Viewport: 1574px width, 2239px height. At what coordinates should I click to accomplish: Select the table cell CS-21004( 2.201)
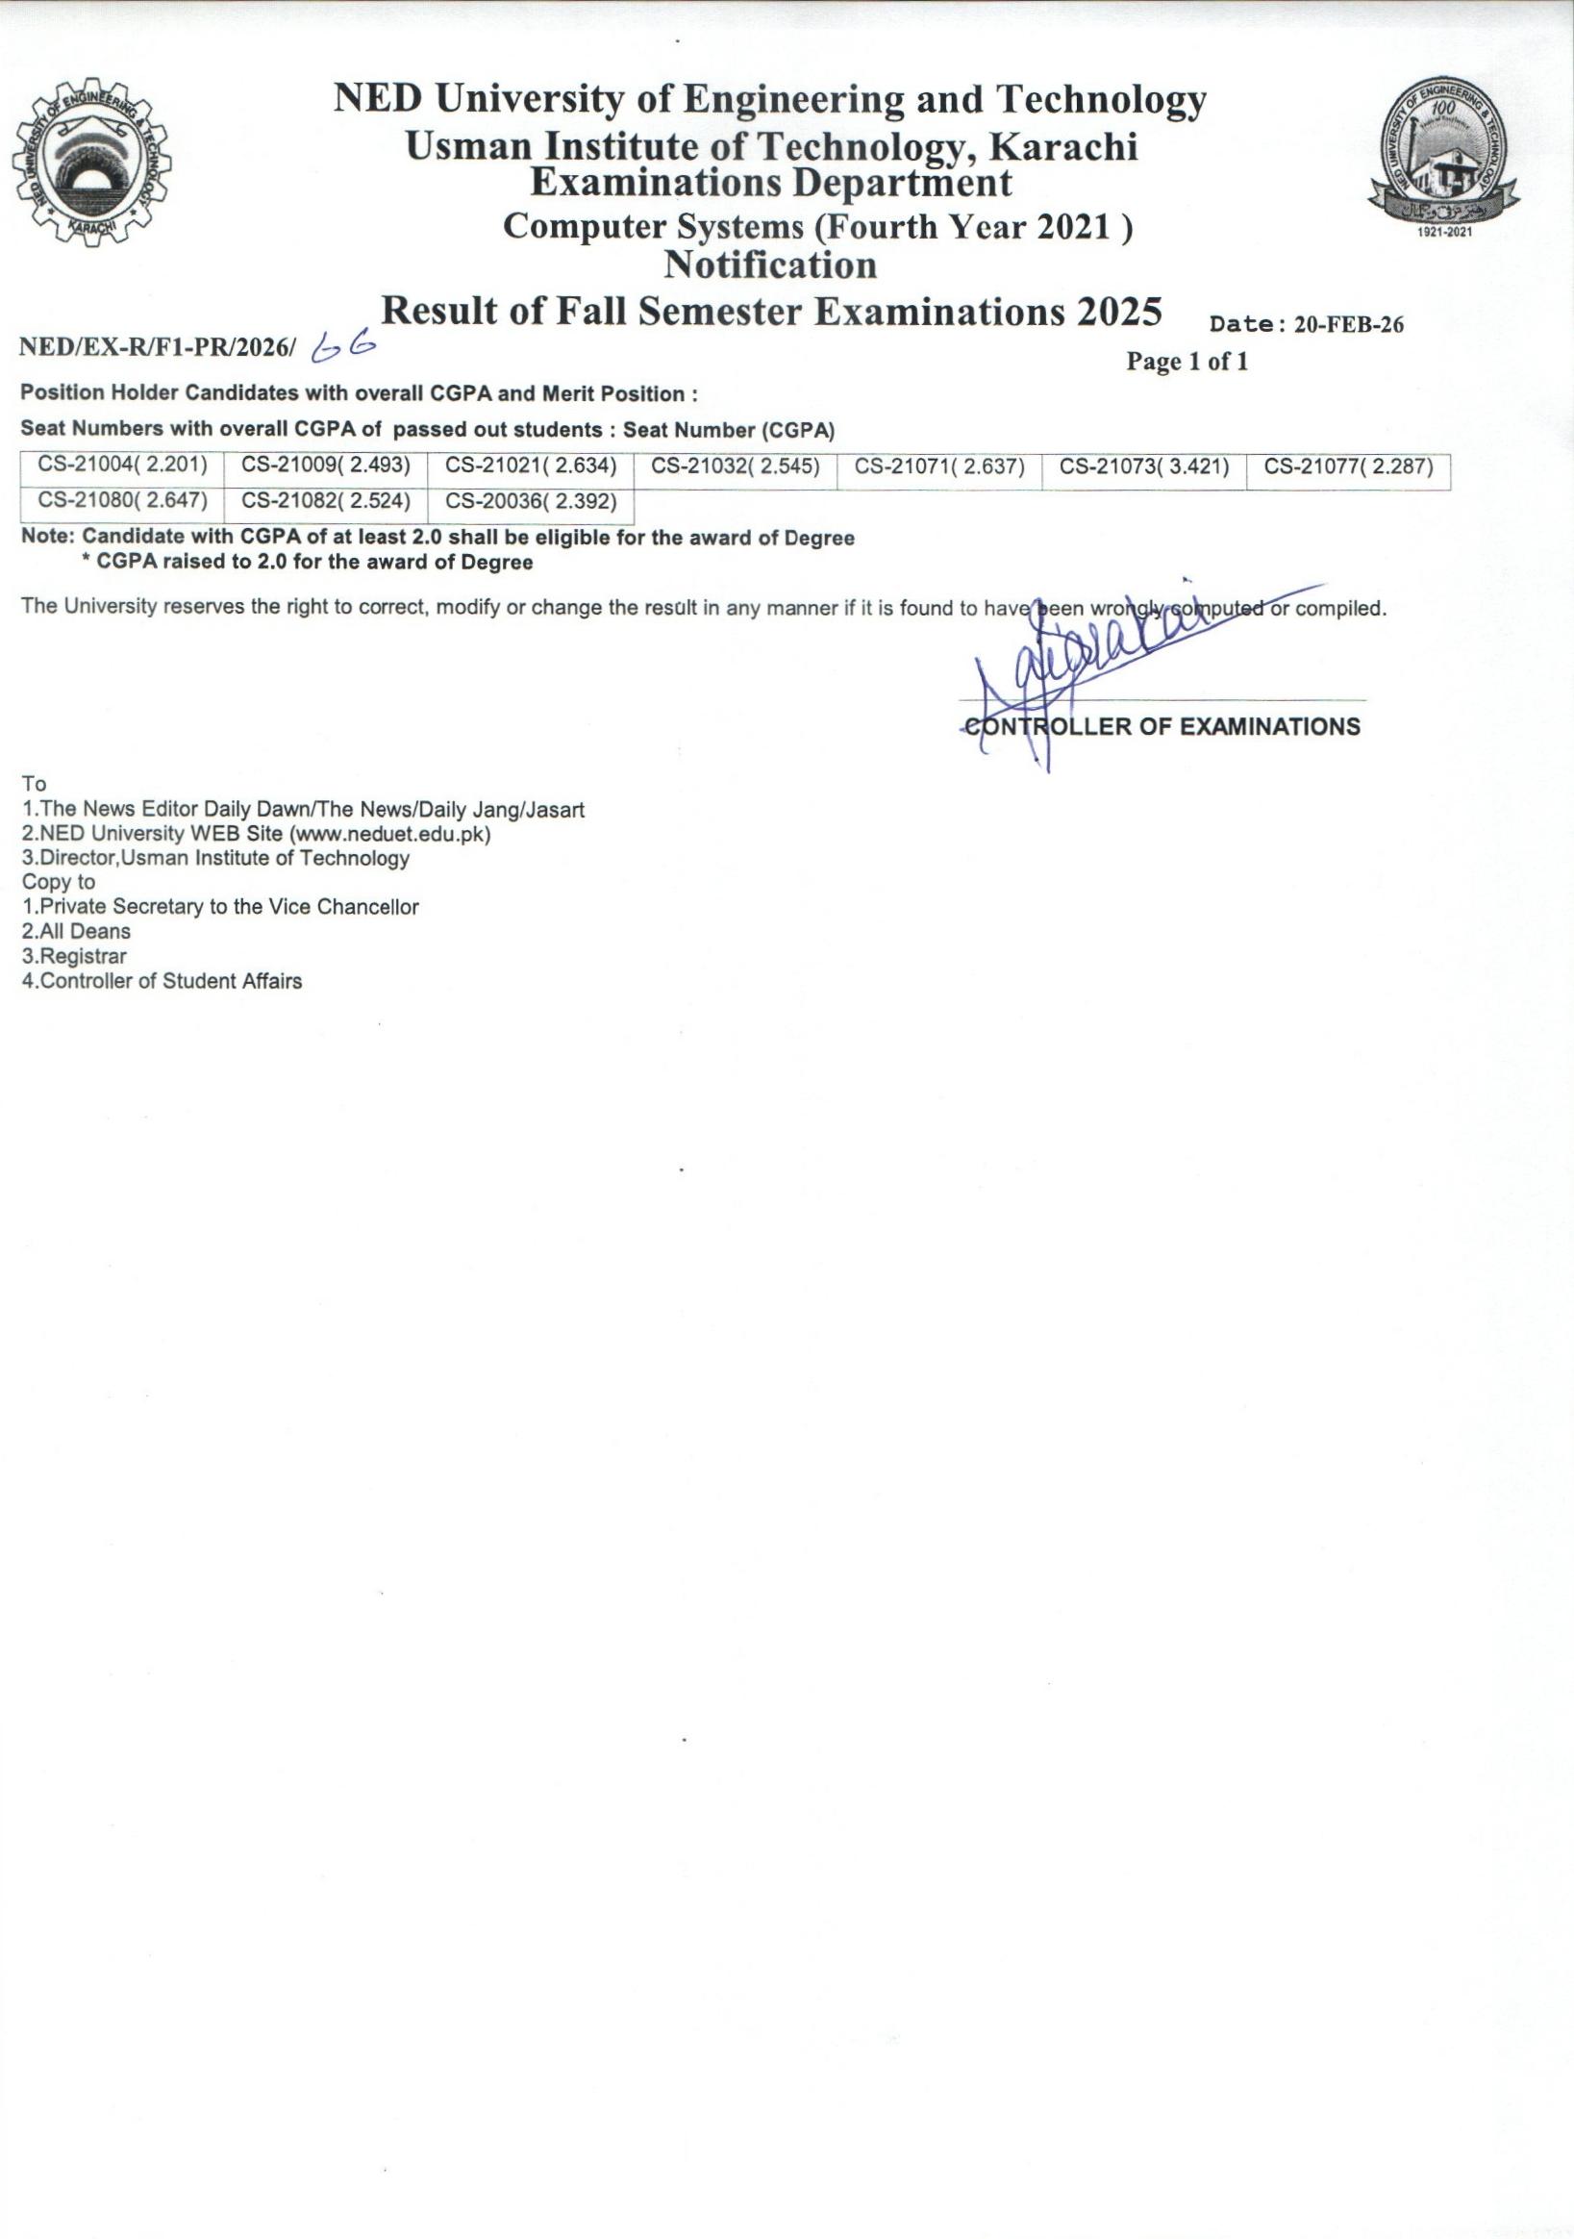123,466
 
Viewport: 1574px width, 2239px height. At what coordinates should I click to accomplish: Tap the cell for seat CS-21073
1144,466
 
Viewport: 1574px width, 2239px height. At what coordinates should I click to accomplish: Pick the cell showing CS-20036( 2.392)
531,502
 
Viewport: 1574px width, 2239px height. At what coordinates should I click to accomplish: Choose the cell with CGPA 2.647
123,502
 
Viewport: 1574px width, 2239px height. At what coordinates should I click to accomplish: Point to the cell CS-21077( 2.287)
1349,466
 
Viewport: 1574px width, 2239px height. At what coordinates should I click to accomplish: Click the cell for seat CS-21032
736,466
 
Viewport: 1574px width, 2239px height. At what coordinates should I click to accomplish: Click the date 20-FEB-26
1349,326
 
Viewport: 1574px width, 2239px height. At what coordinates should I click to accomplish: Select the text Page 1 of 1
1187,362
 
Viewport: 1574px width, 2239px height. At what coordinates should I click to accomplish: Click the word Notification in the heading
770,265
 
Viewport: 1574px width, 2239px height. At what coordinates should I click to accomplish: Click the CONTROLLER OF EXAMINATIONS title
1162,726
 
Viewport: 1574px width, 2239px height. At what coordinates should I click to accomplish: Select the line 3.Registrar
74,957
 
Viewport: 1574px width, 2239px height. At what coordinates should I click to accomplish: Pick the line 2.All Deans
76,931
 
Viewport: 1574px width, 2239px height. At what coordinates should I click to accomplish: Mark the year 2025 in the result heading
1119,312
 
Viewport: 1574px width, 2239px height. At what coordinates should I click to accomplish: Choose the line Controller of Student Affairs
162,981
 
